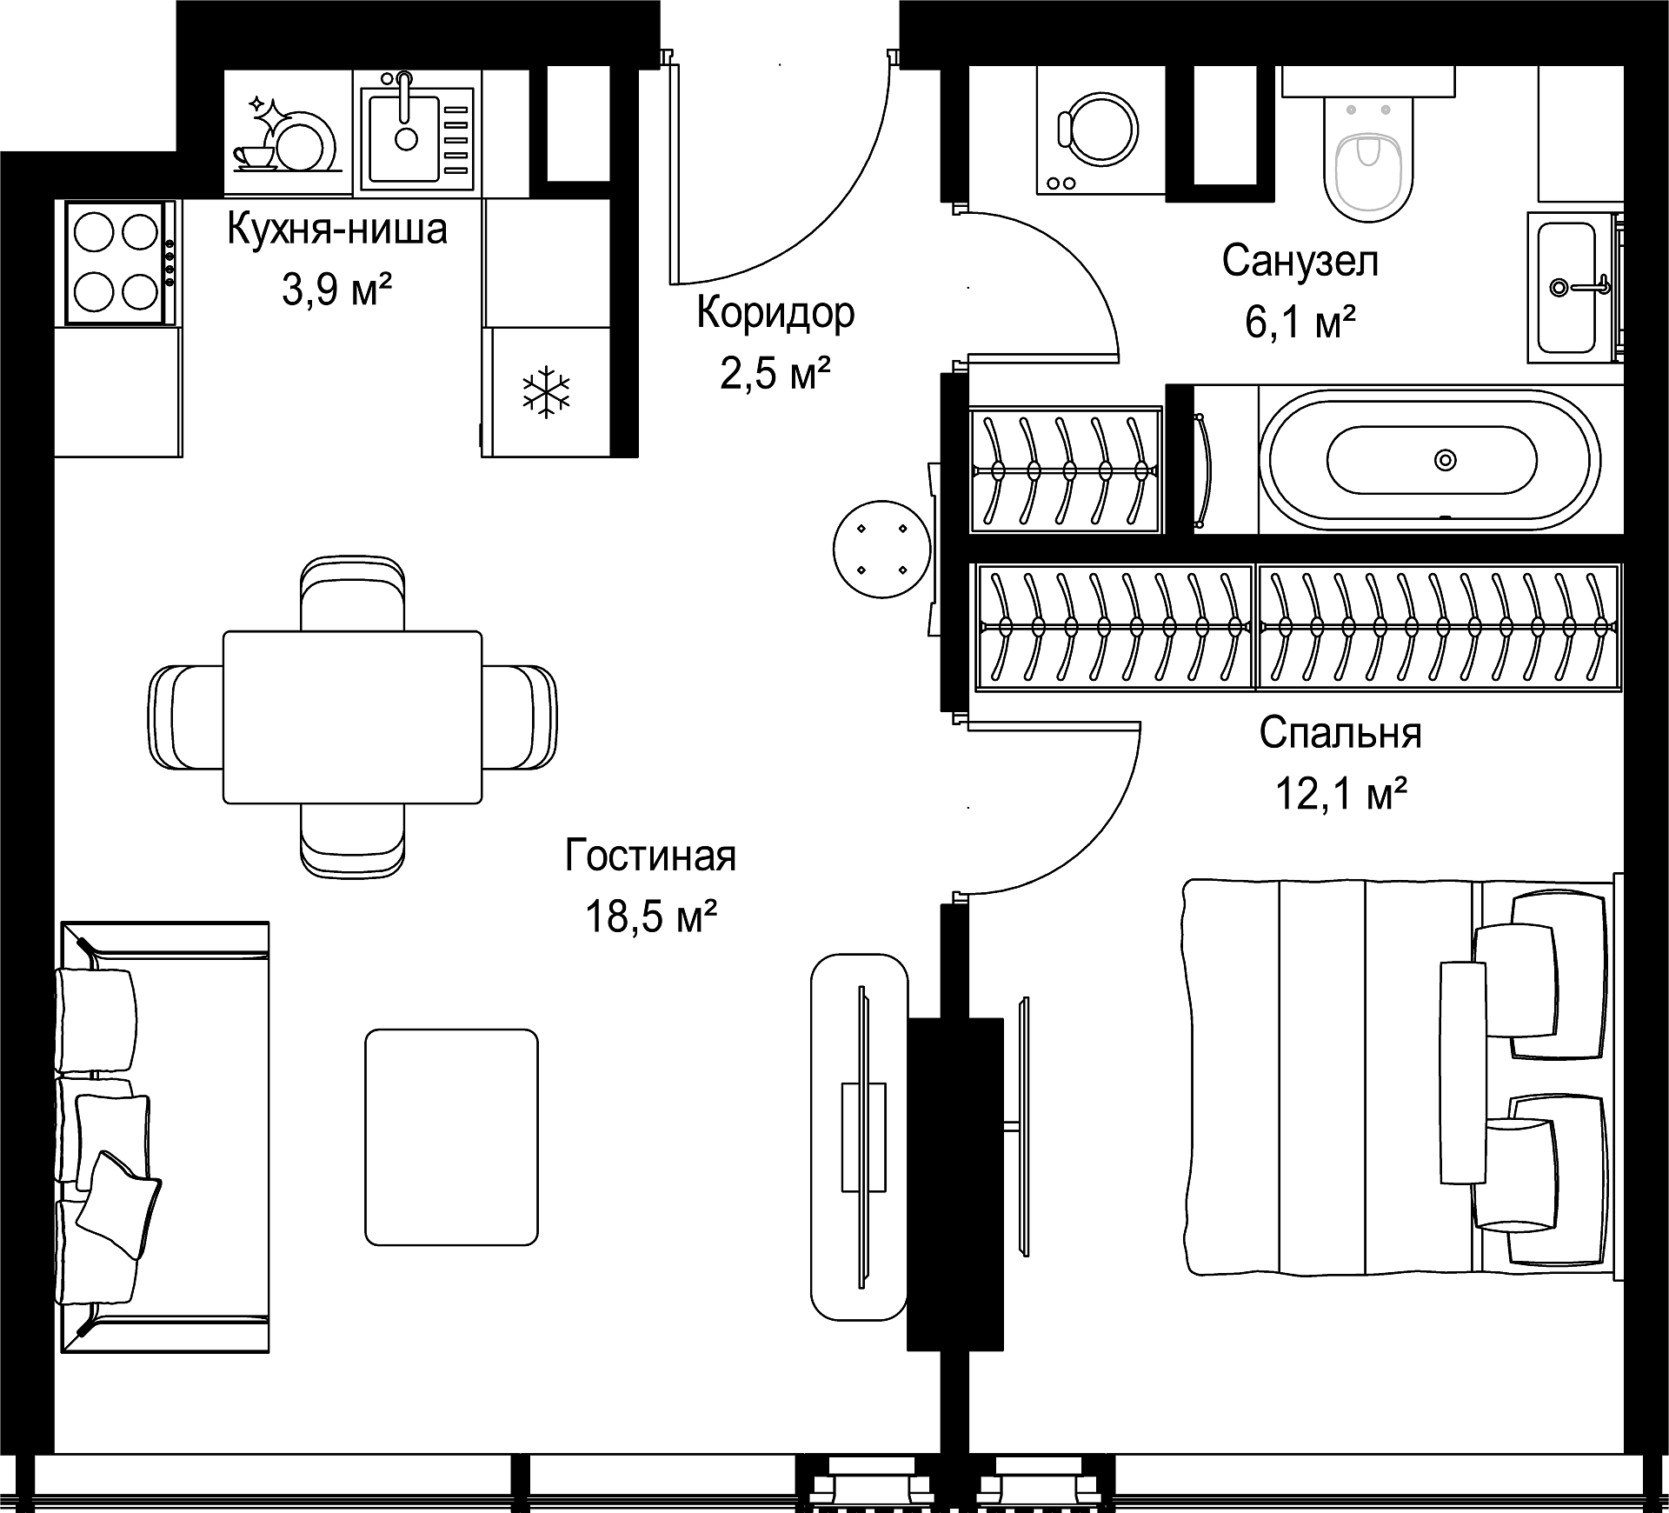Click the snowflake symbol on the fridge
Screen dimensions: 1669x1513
(x=546, y=391)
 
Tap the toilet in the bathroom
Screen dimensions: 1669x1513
(x=1368, y=157)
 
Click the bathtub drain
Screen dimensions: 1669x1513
(x=1445, y=459)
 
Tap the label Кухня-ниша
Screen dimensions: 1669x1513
(x=337, y=230)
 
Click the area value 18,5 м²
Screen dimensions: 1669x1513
(x=651, y=916)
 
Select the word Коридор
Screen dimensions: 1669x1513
(x=775, y=313)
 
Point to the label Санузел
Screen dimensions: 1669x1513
(x=1300, y=260)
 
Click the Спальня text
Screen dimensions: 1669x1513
(x=1340, y=733)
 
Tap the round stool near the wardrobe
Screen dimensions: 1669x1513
(x=881, y=549)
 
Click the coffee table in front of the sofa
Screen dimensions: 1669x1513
(x=451, y=1137)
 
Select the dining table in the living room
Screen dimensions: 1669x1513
(x=352, y=717)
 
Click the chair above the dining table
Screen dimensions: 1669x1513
(x=352, y=593)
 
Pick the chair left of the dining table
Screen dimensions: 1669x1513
(x=186, y=717)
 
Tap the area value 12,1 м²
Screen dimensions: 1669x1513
(x=1341, y=793)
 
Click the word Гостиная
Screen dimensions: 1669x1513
(x=651, y=856)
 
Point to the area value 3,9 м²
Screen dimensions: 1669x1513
(x=337, y=290)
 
